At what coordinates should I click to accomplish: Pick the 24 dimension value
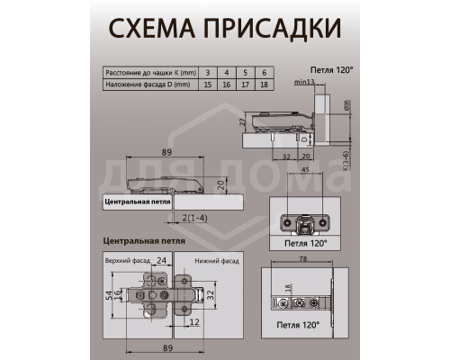tap(161, 262)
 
